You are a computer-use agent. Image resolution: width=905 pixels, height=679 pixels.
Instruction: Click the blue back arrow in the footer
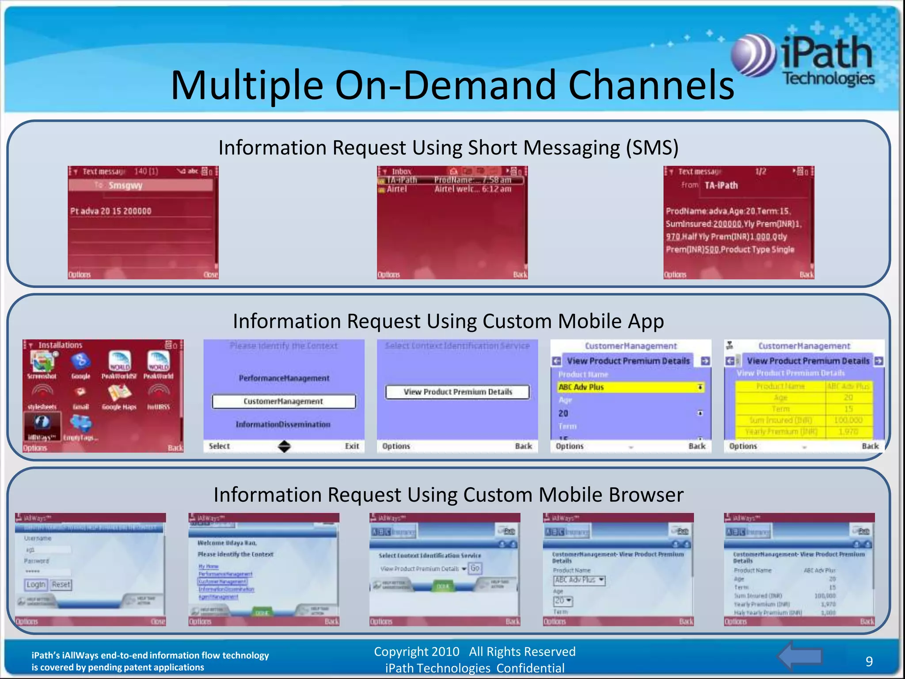(x=800, y=656)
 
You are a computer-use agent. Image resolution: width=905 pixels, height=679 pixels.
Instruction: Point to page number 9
(x=869, y=661)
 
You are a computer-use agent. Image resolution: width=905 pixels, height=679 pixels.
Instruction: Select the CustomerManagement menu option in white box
(x=284, y=401)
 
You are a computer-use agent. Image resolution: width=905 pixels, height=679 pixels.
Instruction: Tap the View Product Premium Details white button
(x=457, y=392)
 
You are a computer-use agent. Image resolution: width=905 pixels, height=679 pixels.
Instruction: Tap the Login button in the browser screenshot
(x=36, y=584)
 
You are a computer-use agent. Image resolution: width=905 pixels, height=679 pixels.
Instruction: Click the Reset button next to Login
(x=61, y=584)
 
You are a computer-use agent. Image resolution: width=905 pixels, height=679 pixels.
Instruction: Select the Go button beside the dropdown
(x=475, y=568)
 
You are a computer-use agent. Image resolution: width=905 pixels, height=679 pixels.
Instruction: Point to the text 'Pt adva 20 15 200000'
(x=111, y=211)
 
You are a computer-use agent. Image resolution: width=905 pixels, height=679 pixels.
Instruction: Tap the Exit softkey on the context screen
(x=352, y=446)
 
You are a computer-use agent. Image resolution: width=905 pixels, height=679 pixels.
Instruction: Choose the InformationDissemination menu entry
(x=283, y=424)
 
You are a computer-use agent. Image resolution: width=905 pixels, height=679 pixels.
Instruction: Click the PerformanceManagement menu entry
(x=284, y=378)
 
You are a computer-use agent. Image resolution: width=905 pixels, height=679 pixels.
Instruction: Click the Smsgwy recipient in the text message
(x=126, y=186)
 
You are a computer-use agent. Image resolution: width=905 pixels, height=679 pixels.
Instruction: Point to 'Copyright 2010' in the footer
(x=416, y=652)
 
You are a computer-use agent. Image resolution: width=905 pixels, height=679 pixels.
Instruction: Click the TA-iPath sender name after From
(x=721, y=186)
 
